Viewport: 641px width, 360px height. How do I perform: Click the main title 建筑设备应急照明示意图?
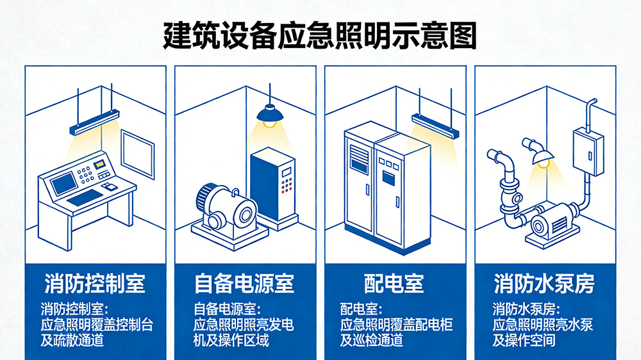320,37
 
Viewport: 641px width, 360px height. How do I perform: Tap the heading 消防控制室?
95,282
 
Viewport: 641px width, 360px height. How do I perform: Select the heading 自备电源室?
244,282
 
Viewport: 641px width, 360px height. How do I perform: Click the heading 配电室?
395,282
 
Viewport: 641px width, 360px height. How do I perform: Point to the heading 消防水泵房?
544,282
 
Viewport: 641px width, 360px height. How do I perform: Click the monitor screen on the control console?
63,184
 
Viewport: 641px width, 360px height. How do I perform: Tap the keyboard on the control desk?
84,197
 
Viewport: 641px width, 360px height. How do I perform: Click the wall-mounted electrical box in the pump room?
588,151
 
